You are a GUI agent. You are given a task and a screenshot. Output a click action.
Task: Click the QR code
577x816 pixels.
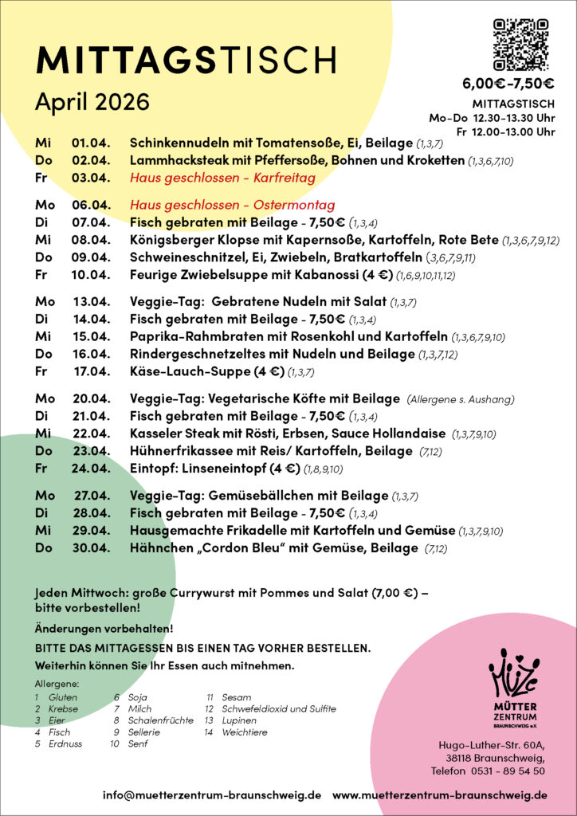(521, 45)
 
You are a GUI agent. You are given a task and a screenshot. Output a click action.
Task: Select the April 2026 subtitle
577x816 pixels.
(92, 102)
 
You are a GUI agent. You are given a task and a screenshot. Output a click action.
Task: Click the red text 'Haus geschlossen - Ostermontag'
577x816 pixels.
(232, 205)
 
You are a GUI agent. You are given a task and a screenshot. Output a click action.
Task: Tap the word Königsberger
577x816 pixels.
(169, 240)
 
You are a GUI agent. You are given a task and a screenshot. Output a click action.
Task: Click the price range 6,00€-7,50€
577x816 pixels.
(508, 84)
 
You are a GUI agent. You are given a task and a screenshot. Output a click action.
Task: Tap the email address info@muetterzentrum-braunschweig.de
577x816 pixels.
(212, 795)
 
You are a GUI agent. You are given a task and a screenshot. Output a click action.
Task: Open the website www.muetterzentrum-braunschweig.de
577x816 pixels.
(440, 795)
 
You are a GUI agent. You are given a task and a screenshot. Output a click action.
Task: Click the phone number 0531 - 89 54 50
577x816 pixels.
(510, 771)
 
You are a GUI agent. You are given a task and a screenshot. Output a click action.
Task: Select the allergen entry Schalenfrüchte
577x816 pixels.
(160, 720)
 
